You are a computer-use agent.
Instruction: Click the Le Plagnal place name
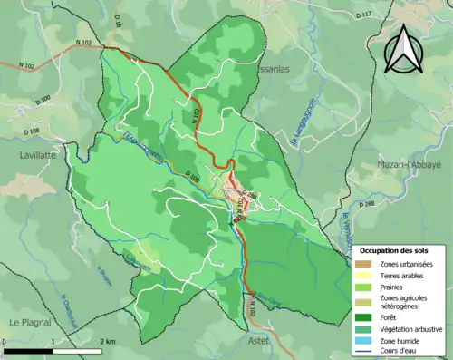[x=30, y=323]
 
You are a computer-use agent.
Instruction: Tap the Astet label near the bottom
[x=259, y=340]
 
